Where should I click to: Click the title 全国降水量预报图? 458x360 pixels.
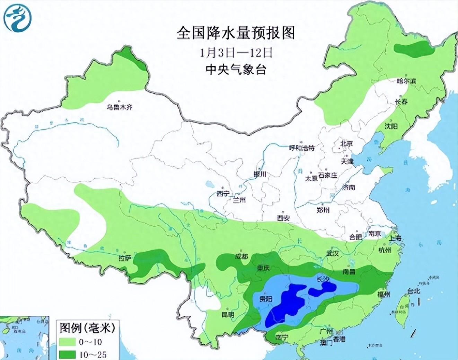tap(236, 33)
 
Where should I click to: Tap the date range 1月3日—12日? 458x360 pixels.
tap(236, 52)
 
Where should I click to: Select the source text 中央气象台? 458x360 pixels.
tap(236, 70)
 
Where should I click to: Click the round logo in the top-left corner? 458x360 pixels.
tap(17, 18)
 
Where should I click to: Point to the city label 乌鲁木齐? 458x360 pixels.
tap(120, 107)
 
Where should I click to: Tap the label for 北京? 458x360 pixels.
tap(346, 143)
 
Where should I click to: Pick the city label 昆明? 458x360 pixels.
tap(228, 315)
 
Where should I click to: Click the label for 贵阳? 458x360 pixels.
tap(266, 299)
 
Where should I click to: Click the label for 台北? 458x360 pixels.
tap(413, 291)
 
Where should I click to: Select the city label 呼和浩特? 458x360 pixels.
tap(302, 148)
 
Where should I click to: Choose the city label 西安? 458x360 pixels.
tap(283, 218)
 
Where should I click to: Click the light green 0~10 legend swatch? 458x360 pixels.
tap(68, 342)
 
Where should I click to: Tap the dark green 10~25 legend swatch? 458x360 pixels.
tap(68, 354)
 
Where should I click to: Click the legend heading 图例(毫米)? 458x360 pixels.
tap(87, 327)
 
